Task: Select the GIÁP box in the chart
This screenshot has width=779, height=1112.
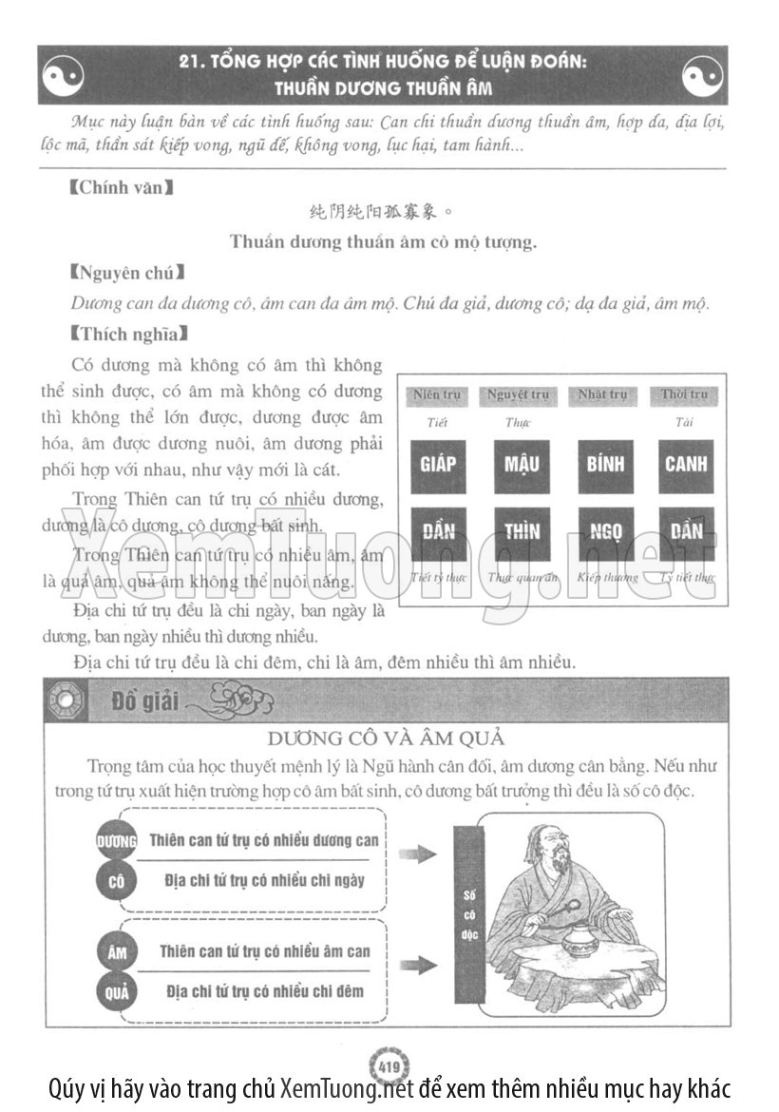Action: (x=438, y=464)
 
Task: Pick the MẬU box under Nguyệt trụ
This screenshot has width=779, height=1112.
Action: (x=522, y=464)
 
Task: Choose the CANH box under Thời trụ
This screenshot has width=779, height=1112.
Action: (x=685, y=464)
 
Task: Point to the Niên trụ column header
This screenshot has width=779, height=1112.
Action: (x=438, y=395)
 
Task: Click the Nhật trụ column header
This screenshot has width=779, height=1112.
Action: (x=603, y=395)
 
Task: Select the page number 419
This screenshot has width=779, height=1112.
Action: (x=388, y=1065)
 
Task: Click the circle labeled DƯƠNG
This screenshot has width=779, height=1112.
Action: (x=117, y=841)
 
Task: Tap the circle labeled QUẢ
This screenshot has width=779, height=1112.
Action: (x=117, y=992)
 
